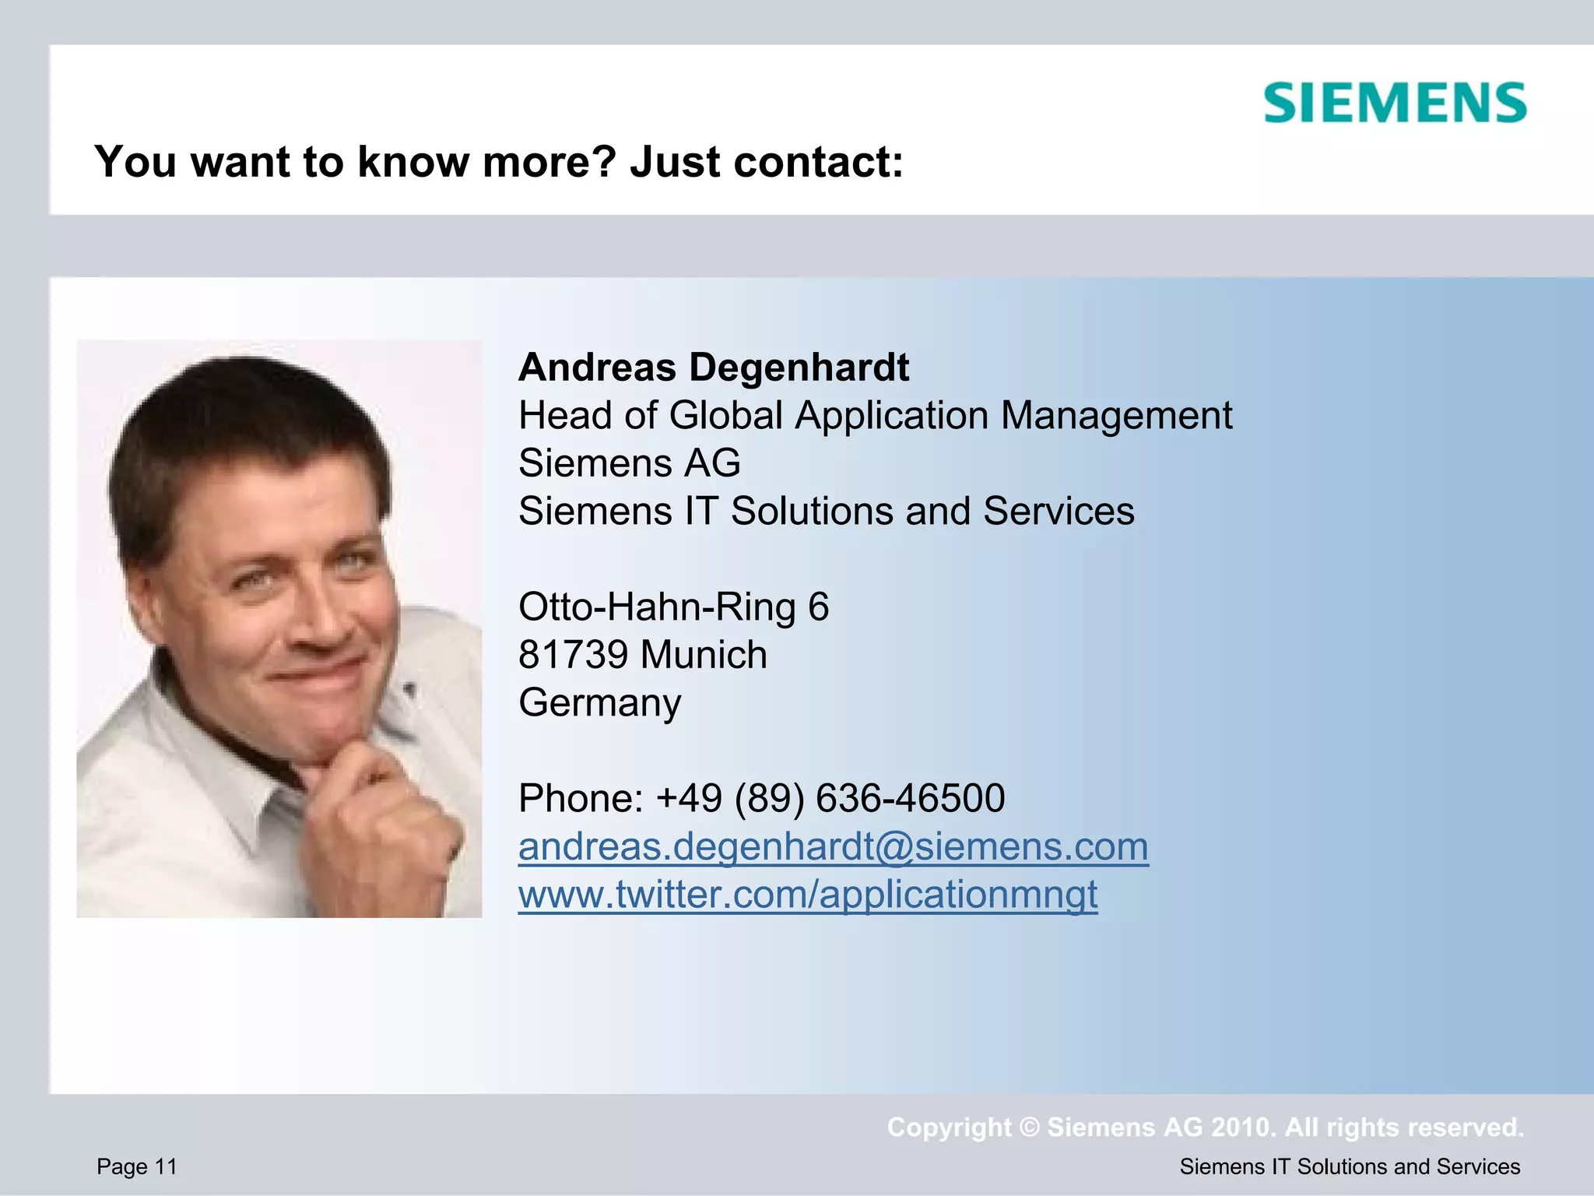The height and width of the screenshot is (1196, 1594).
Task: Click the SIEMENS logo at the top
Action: (1395, 103)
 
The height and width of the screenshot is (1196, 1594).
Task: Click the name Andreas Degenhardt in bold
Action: (713, 368)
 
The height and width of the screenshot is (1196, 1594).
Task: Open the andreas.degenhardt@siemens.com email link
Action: (833, 846)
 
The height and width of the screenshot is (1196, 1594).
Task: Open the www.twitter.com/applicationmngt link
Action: (807, 894)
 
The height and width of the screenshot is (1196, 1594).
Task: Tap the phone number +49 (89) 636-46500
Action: (830, 799)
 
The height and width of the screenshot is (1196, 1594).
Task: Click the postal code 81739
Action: (573, 655)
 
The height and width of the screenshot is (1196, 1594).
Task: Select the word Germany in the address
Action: (599, 703)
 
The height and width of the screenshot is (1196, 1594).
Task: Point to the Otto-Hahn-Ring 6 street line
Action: (673, 607)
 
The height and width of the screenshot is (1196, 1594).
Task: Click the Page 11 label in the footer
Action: (137, 1166)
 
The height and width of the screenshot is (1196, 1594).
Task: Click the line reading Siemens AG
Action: (629, 463)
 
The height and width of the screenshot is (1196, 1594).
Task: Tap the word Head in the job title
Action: (565, 415)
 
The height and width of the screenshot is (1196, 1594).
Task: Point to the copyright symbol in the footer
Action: (1029, 1127)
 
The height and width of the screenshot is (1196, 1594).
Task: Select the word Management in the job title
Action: (1116, 415)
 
